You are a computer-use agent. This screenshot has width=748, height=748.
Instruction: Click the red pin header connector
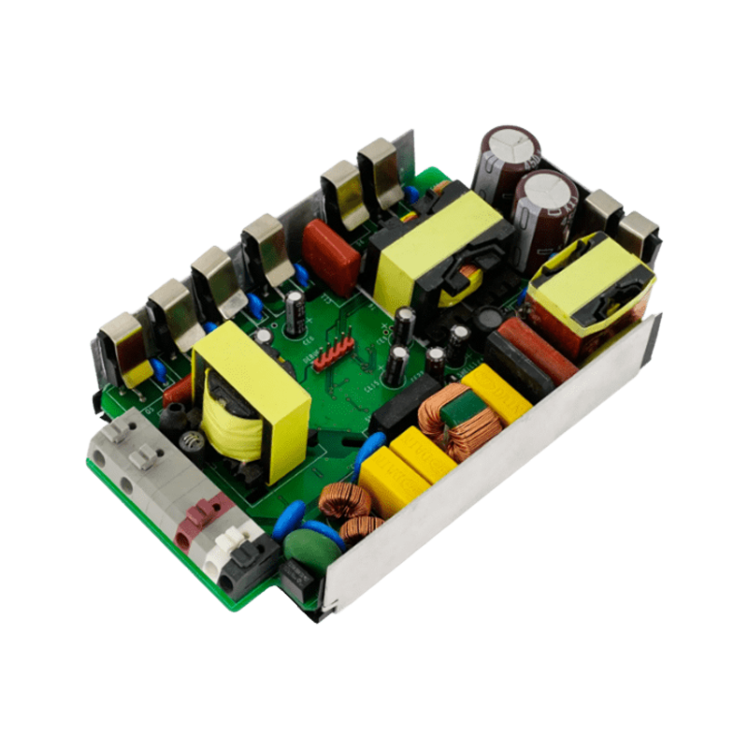pyautogui.click(x=333, y=354)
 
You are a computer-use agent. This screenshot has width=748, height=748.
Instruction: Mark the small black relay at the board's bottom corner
pyautogui.click(x=297, y=584)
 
